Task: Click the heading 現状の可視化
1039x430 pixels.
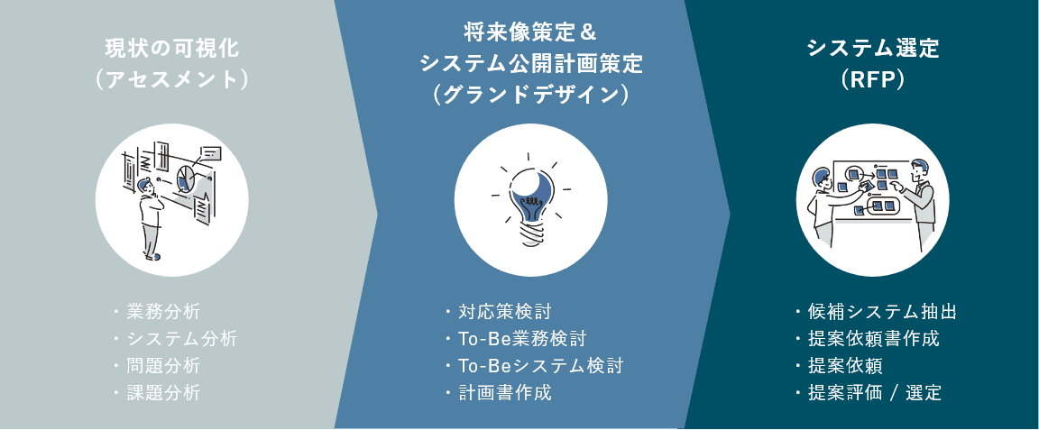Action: coord(171,48)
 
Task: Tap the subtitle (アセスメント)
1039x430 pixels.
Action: coord(171,79)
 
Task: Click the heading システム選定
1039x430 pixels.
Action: coord(872,48)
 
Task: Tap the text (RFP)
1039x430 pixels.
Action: coord(872,79)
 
